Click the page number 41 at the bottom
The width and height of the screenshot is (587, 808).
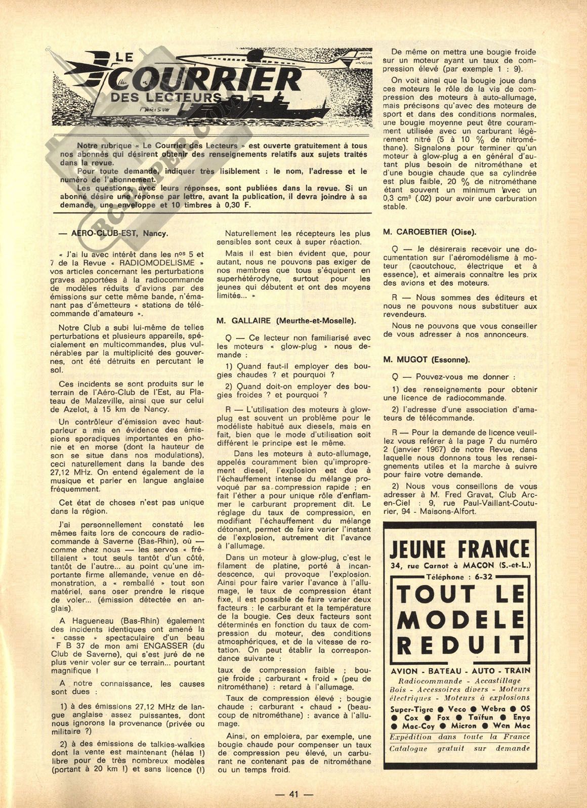[293, 794]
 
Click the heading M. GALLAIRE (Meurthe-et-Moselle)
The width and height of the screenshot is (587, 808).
[286, 320]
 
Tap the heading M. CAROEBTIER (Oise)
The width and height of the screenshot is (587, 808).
[430, 232]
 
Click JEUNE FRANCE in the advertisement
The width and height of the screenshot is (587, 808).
[459, 548]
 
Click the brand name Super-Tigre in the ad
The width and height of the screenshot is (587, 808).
[411, 709]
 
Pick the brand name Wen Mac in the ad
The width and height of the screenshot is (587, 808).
[512, 726]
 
